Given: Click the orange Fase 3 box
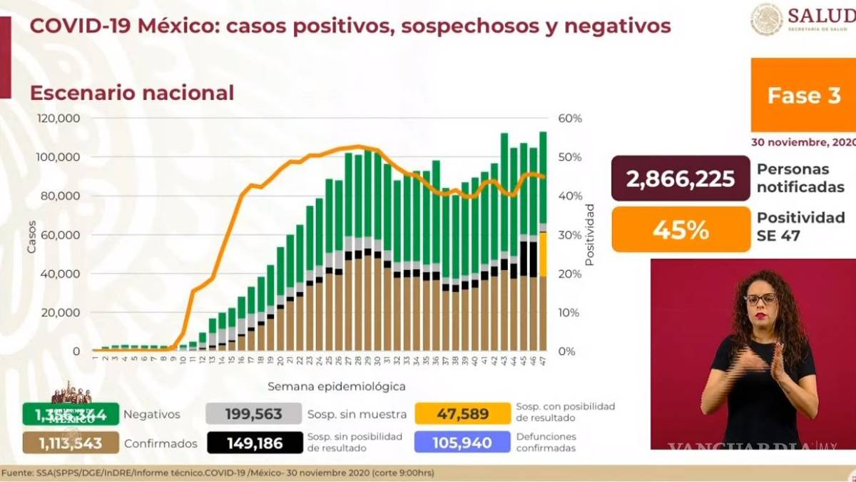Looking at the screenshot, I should pos(803,95).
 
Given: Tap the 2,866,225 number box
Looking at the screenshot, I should pos(681,179).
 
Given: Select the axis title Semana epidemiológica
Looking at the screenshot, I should pos(337,386).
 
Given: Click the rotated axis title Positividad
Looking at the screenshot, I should pos(589,234).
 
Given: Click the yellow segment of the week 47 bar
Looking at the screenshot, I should pos(543,254).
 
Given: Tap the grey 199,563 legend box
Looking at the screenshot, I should pos(253,414).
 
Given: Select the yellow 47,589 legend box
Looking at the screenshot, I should pos(462,414).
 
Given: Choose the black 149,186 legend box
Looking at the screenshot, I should pos(253,443).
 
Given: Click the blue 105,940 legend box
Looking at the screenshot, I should pos(462,443).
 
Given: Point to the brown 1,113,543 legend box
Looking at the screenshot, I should pos(70,443).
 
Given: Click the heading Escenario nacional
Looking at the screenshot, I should pos(131,93).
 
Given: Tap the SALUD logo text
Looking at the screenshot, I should pos(820,16).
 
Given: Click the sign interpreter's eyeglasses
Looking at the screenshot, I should pos(760,299).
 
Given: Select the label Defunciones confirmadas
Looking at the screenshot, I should pos(547,443).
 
